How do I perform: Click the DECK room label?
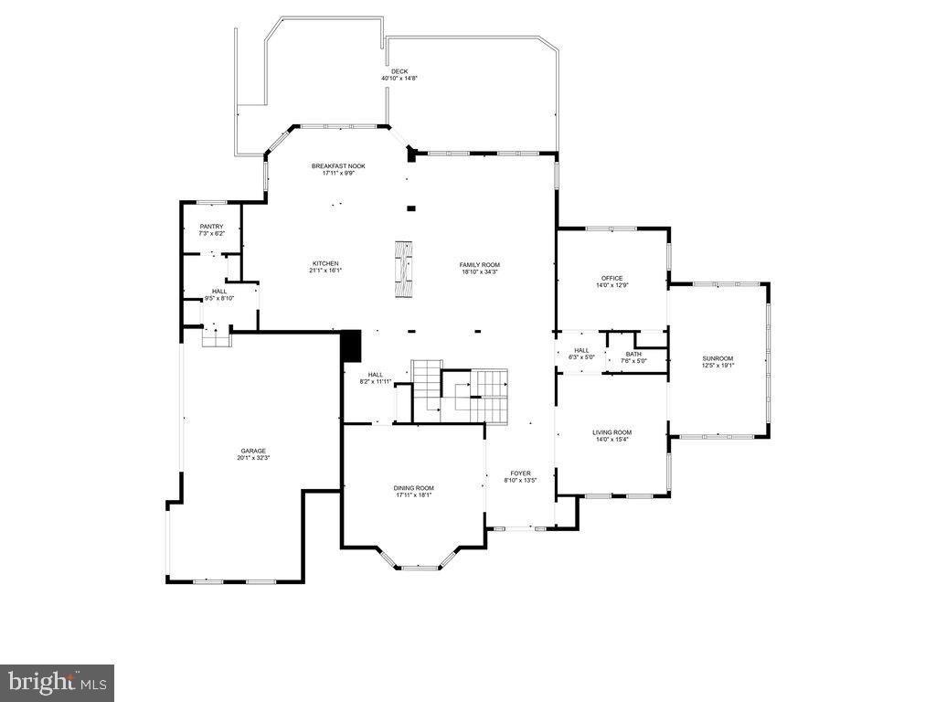pyautogui.click(x=399, y=71)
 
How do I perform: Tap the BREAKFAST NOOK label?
pyautogui.click(x=338, y=165)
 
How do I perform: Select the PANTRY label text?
pyautogui.click(x=211, y=227)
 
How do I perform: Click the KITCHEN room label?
pyautogui.click(x=325, y=264)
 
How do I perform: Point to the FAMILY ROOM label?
pyautogui.click(x=480, y=265)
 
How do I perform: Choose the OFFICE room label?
pyautogui.click(x=612, y=278)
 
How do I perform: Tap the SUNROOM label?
pyautogui.click(x=718, y=358)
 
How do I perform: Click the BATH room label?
pyautogui.click(x=633, y=354)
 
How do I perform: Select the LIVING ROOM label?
pyautogui.click(x=612, y=432)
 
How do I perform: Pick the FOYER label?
pyautogui.click(x=520, y=473)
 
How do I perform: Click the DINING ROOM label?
pyautogui.click(x=414, y=488)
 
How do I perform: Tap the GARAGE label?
pyautogui.click(x=253, y=451)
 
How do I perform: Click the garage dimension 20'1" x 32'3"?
pyautogui.click(x=253, y=457)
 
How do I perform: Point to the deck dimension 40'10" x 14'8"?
pyautogui.click(x=399, y=78)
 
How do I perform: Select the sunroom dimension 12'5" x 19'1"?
pyautogui.click(x=718, y=365)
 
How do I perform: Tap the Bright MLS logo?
pyautogui.click(x=57, y=682)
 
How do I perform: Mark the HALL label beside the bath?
pyautogui.click(x=581, y=350)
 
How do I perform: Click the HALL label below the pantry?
pyautogui.click(x=219, y=292)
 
